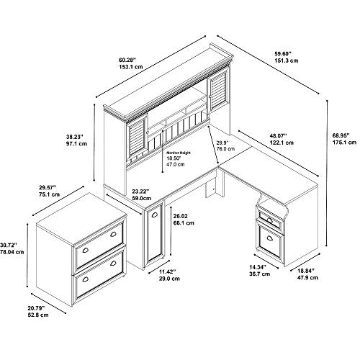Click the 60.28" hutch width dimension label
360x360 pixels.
pyautogui.click(x=127, y=60)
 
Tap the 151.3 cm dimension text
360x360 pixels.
pyautogui.click(x=287, y=60)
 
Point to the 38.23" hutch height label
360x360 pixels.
pyautogui.click(x=75, y=137)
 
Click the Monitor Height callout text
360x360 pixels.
pyautogui.click(x=179, y=153)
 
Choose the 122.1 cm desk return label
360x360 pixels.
pyautogui.click(x=282, y=143)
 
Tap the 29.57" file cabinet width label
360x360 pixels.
pyautogui.click(x=48, y=187)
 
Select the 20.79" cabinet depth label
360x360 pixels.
pyautogui.click(x=36, y=308)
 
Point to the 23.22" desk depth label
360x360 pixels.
pyautogui.click(x=140, y=192)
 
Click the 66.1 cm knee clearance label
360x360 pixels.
pyautogui.click(x=184, y=223)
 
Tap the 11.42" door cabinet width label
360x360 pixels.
pyautogui.click(x=168, y=272)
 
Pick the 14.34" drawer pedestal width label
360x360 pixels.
pyautogui.click(x=258, y=267)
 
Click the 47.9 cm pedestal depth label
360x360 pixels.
pyautogui.click(x=308, y=278)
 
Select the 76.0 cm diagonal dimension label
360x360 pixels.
pyautogui.click(x=225, y=149)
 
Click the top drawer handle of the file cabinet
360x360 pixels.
pyautogui.click(x=113, y=234)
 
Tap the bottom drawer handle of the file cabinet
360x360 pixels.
pyautogui.click(x=113, y=264)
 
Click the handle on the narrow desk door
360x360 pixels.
pyautogui.click(x=154, y=215)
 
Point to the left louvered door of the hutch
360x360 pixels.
pyautogui.click(x=137, y=139)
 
